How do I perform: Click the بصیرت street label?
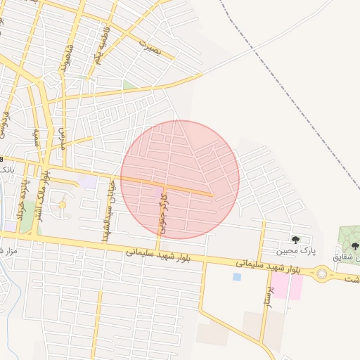(150, 48)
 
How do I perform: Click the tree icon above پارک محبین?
(295, 240)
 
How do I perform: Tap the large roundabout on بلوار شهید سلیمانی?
(325, 273)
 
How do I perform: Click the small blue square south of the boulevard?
(236, 277)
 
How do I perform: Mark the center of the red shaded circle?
(180, 179)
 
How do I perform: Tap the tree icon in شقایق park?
(355, 246)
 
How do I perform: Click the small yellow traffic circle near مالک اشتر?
(62, 205)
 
